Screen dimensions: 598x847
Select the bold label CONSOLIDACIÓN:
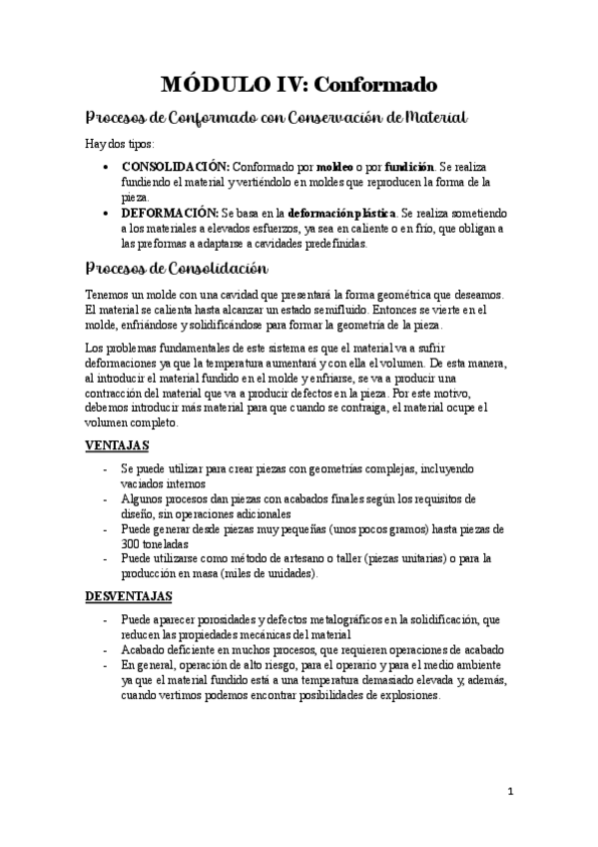tap(176, 167)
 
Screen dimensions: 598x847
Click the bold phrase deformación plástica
tap(341, 213)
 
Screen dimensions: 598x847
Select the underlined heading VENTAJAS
tap(117, 445)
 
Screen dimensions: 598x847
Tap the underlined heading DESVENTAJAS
tap(130, 596)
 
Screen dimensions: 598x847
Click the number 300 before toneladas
tap(131, 543)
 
